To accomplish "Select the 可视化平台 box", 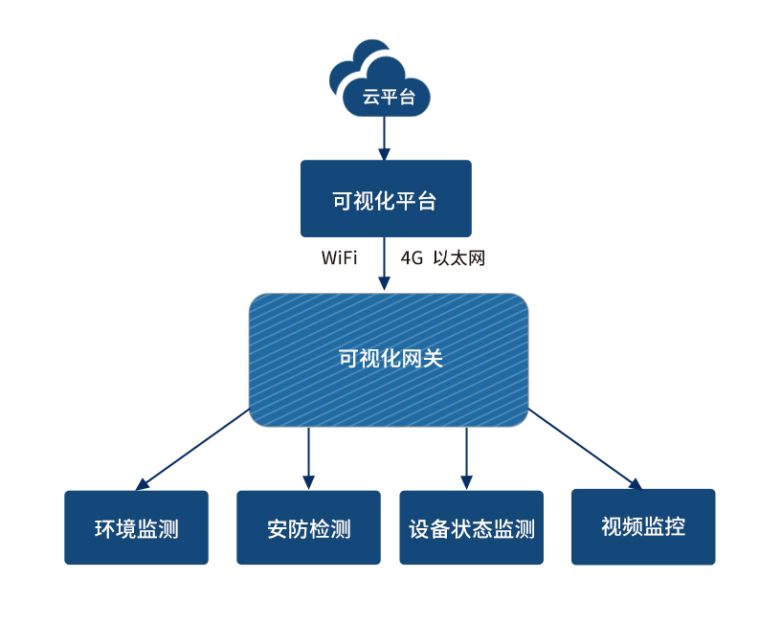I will (386, 198).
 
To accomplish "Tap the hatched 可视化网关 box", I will (389, 360).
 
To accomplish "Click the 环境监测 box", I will (136, 527).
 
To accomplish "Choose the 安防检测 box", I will (308, 527).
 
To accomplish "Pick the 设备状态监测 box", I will (471, 527).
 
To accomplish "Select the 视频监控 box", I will (643, 526).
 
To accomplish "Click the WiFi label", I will (339, 258).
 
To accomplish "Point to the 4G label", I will (412, 258).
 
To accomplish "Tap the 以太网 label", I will (459, 258).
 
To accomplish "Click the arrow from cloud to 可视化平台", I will (385, 138).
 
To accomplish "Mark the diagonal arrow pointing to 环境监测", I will (193, 449).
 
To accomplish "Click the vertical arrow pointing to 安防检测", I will (308, 457).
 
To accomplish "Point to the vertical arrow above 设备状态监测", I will (466, 457).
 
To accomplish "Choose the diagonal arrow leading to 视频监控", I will (584, 449).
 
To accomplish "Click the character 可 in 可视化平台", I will (343, 202).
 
